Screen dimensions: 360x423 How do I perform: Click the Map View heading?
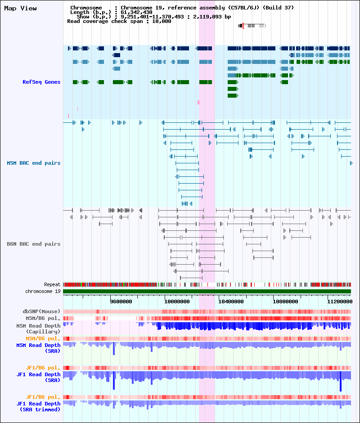(x=21, y=9)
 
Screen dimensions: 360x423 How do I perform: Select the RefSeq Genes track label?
(x=41, y=82)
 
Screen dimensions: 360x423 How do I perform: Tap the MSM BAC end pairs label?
(x=34, y=163)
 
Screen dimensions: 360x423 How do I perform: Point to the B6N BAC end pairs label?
(x=34, y=244)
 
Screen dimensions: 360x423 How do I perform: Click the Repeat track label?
(x=52, y=284)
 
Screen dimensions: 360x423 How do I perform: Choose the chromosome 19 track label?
(x=43, y=291)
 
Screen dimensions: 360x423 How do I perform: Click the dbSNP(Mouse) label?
(x=41, y=311)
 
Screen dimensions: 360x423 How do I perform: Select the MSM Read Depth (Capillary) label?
(x=38, y=328)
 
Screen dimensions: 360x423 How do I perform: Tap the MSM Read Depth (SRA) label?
(x=38, y=348)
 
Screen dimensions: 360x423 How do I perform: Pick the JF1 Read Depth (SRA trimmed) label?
(x=38, y=406)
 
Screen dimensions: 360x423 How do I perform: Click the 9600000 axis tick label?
(x=121, y=301)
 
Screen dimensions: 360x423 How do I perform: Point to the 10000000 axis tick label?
(x=177, y=301)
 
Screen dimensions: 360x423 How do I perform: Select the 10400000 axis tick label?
(x=231, y=301)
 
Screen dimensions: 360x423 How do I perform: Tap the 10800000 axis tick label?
(x=285, y=301)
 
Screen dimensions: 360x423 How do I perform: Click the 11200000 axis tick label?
(x=340, y=301)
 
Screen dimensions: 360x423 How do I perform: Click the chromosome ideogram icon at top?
(x=252, y=26)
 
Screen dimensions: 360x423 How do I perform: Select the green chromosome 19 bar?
(x=207, y=291)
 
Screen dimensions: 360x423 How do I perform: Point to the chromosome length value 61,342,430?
(x=136, y=12)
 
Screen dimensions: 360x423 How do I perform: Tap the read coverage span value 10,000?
(x=162, y=21)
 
